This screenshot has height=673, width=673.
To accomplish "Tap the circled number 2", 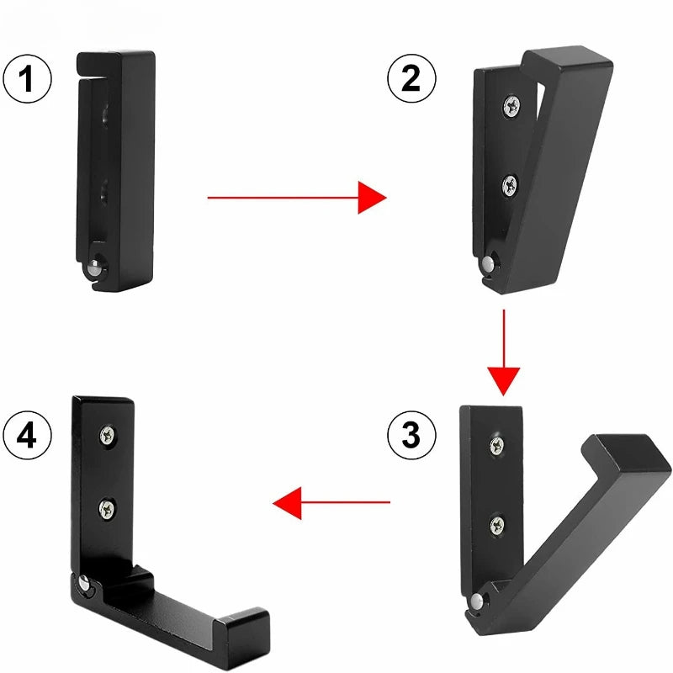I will [411, 79].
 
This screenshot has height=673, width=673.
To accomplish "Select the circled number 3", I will [411, 435].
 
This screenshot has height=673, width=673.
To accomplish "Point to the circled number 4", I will [27, 438].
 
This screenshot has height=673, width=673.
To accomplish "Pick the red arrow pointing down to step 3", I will [504, 352].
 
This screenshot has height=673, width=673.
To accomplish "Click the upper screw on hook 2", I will [512, 106].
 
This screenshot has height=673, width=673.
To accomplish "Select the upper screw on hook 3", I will [497, 445].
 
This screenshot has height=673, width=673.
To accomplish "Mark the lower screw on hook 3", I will [497, 525].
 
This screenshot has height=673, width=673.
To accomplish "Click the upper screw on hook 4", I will [107, 434].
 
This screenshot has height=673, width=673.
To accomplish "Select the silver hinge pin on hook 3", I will [477, 601].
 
